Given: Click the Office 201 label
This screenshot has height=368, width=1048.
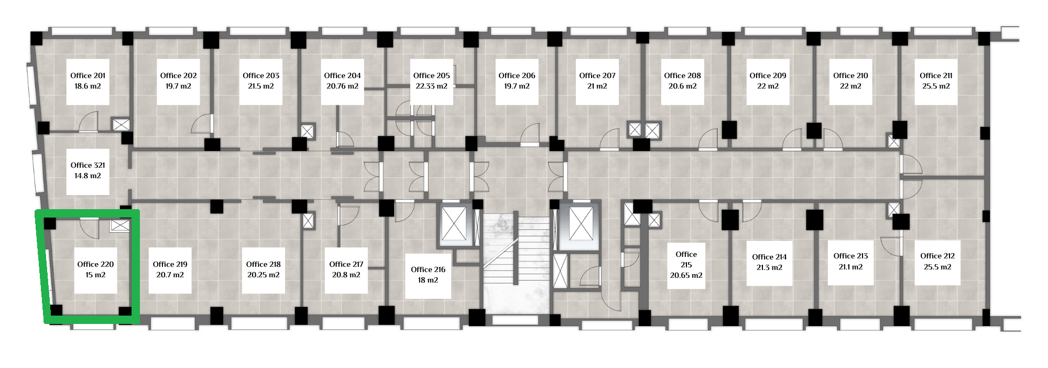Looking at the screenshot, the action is coord(88,75).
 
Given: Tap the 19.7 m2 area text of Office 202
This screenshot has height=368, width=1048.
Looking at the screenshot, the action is coord(178,86).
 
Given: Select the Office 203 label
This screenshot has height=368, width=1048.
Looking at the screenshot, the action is coord(261,75).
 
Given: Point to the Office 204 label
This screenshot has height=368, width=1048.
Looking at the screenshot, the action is coord(342,75).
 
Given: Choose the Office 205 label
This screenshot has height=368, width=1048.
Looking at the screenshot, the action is coord(431,75).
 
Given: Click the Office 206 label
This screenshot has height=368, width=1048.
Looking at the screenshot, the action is coord(517,75).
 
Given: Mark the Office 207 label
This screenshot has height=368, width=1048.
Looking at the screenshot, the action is coord(597,75).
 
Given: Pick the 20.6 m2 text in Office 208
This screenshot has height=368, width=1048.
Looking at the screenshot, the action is coord(682,86).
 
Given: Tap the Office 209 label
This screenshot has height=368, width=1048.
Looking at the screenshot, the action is coord(768,75).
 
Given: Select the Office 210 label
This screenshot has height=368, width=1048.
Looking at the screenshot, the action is coord(850,75).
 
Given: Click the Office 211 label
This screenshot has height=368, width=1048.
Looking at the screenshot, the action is coord(936,75).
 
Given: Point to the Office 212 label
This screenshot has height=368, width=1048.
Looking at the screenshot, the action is coord(937,256).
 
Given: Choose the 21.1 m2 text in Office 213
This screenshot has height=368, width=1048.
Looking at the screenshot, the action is coord(850,267).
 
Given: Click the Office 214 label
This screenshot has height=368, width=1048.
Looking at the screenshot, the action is coord(769,257).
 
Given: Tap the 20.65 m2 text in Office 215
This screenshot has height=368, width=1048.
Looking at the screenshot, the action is coord(686,275).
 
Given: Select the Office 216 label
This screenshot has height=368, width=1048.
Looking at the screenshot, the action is coord(428,269).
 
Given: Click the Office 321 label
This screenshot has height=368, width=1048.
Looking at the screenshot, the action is coord(88,165).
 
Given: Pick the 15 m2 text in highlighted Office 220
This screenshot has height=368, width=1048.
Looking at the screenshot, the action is coord(95,275).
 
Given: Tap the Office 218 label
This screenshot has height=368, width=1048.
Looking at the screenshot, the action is coord(263,264).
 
